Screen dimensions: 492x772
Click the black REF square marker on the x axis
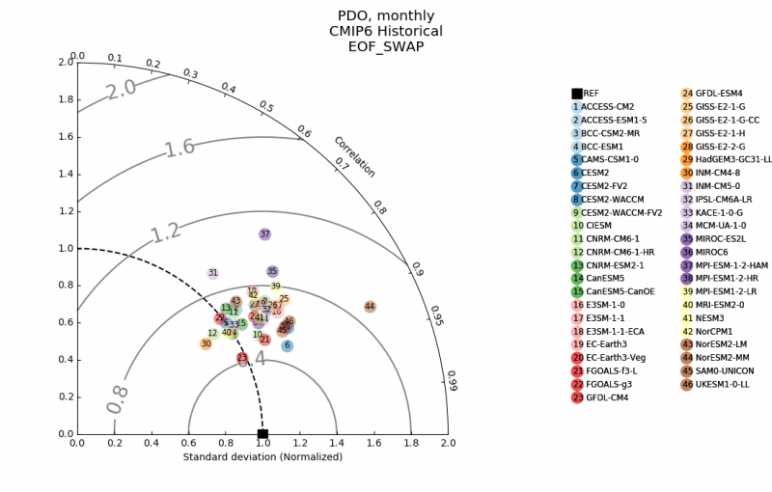tap(262, 434)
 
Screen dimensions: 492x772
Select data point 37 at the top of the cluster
tap(265, 234)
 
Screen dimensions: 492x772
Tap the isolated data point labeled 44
tap(370, 307)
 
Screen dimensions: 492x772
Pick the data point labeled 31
tap(213, 274)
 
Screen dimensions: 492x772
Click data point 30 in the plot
tap(206, 344)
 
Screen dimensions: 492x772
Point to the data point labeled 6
tap(287, 345)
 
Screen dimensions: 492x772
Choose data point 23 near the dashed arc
tap(242, 359)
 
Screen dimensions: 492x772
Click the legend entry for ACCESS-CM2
tap(608, 107)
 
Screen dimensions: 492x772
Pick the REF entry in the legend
tap(591, 94)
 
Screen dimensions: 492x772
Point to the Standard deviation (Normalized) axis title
tap(262, 456)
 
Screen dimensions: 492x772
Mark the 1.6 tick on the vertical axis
tap(65, 137)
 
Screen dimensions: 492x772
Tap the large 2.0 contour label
tap(122, 91)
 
